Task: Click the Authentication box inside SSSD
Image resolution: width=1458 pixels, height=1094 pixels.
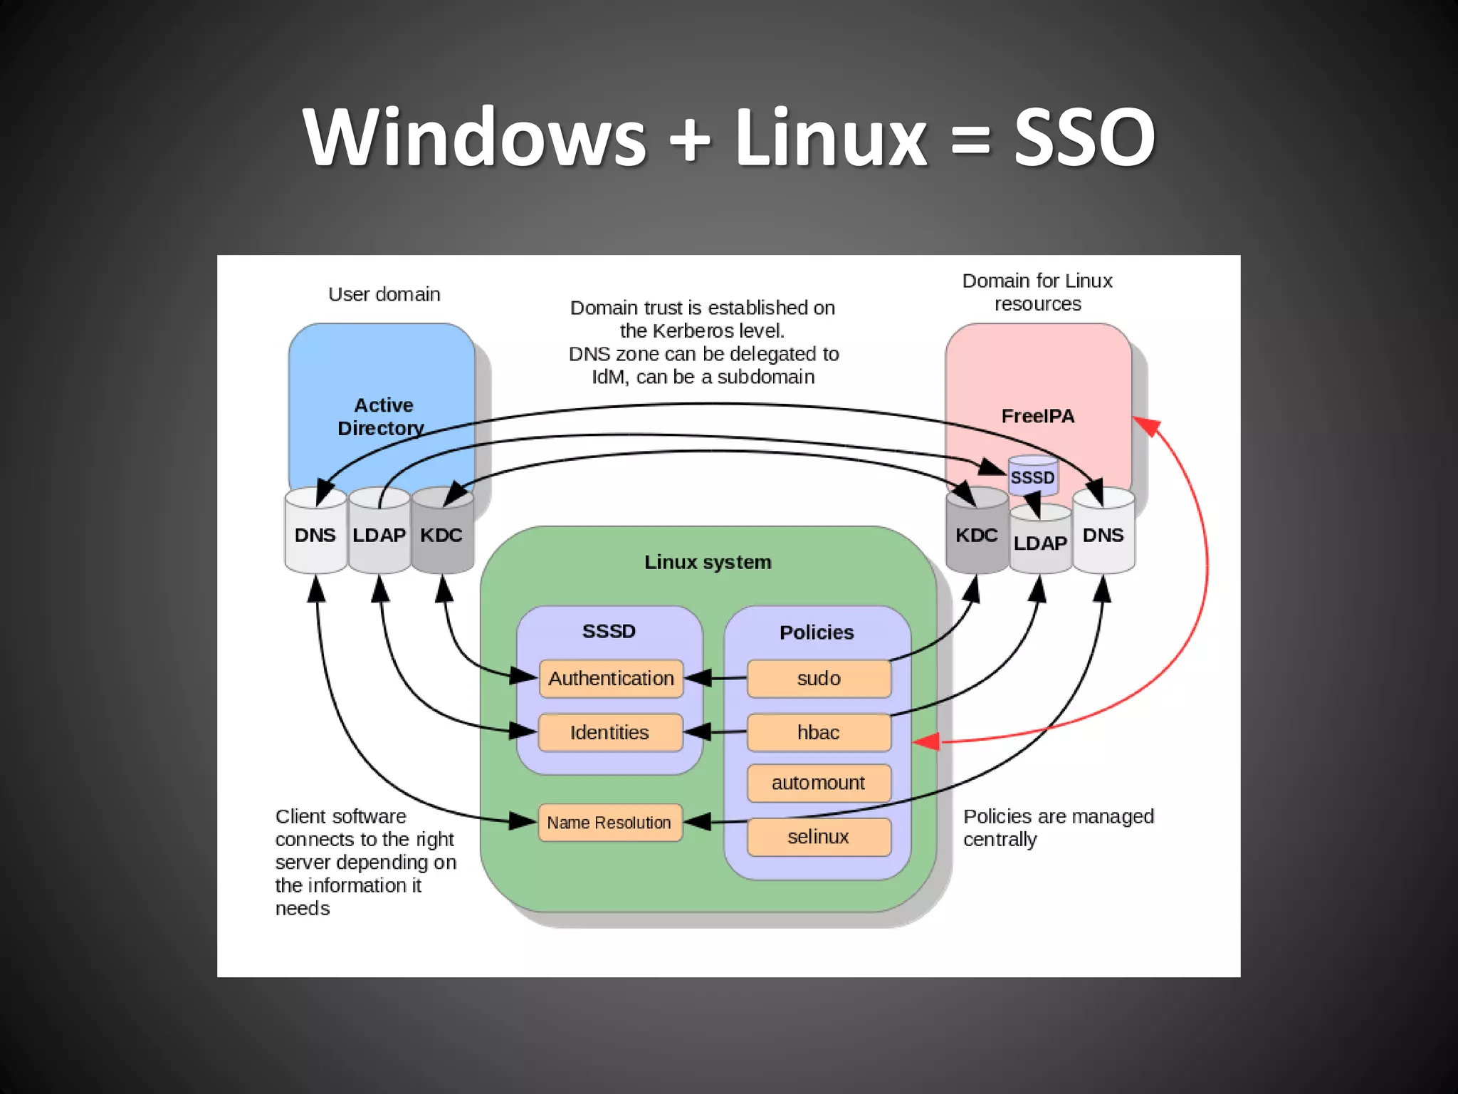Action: (x=611, y=678)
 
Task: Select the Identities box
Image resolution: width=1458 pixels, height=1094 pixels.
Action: (x=610, y=732)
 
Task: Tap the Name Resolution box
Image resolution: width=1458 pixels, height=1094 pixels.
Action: (x=609, y=823)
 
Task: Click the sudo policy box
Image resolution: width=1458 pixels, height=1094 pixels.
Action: (x=819, y=678)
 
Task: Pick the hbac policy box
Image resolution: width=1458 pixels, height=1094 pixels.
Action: (x=819, y=732)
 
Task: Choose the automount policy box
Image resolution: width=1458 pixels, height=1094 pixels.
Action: (x=819, y=783)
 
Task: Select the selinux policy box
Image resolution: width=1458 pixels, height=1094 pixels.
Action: (x=819, y=837)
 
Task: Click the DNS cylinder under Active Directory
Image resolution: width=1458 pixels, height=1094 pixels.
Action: (x=315, y=535)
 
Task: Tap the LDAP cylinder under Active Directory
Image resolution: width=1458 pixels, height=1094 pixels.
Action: (x=379, y=535)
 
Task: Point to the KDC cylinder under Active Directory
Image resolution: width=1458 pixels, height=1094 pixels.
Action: (x=441, y=535)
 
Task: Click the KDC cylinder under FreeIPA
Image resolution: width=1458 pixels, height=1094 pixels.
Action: (x=977, y=535)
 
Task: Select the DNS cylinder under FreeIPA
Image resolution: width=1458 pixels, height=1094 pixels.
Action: (x=1103, y=535)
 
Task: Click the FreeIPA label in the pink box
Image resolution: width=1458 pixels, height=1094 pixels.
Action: (x=1038, y=416)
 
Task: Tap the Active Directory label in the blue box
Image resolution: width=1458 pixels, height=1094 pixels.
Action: (x=382, y=417)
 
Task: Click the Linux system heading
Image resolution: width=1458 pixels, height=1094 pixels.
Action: (x=708, y=562)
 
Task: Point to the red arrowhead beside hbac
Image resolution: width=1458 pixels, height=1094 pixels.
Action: (x=926, y=742)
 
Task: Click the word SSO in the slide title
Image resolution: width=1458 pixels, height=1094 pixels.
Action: (x=1084, y=137)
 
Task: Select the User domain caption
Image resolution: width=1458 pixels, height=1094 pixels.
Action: (x=384, y=294)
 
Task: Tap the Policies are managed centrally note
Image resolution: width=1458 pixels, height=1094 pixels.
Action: (x=1058, y=828)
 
